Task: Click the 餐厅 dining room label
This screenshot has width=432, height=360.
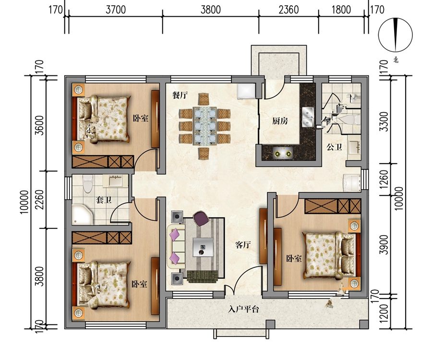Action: pos(180,96)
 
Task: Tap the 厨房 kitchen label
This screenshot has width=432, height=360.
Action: pos(280,121)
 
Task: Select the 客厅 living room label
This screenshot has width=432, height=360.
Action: pos(243,245)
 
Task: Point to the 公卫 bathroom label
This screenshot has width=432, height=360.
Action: pos(334,147)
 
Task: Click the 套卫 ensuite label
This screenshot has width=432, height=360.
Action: pos(104,200)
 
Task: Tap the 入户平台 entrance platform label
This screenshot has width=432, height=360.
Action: pos(243,309)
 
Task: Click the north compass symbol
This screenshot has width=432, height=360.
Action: pos(396,35)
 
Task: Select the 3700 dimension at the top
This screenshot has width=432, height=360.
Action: pos(116,10)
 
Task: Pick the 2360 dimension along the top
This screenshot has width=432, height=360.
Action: pos(288,10)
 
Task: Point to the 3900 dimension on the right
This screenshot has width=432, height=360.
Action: pos(384,245)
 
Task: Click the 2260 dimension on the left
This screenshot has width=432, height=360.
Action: pos(40,199)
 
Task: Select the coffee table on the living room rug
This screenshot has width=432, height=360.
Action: pos(203,247)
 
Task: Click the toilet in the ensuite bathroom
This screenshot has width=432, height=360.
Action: pos(88,184)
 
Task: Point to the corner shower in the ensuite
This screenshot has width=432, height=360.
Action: pos(82,214)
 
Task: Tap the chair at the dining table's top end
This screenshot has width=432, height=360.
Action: pos(204,99)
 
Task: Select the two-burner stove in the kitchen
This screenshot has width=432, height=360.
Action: pos(283,154)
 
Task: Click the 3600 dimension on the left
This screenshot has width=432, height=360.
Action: pos(40,125)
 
